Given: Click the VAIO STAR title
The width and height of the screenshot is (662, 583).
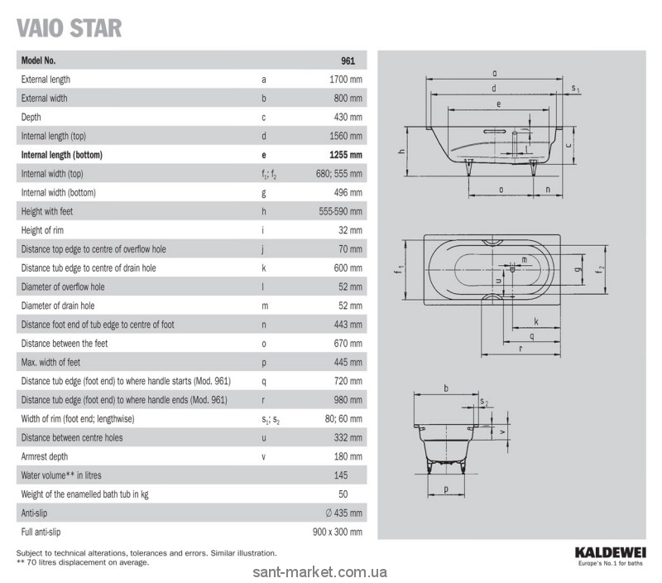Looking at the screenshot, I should click(70, 27).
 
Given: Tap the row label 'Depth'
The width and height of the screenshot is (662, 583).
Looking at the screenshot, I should click(31, 117).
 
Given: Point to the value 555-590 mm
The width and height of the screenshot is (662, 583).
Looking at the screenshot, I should click(340, 212).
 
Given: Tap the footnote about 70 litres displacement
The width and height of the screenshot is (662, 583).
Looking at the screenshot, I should click(83, 562).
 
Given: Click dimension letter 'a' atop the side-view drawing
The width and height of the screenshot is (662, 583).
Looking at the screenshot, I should click(494, 73).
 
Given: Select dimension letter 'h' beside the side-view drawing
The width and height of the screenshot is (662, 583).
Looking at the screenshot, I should click(400, 152).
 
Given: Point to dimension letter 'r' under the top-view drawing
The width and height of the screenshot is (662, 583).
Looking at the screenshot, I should click(520, 349).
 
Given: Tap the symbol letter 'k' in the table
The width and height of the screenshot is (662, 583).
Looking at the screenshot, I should click(263, 268).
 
